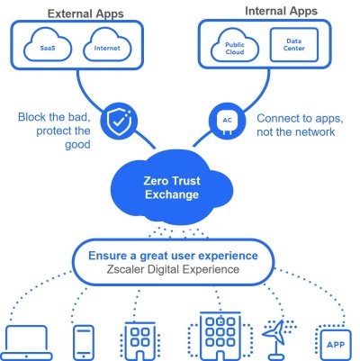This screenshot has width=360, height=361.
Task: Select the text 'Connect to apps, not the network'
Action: [x=296, y=125]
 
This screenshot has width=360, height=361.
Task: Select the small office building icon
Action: [x=139, y=338]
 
